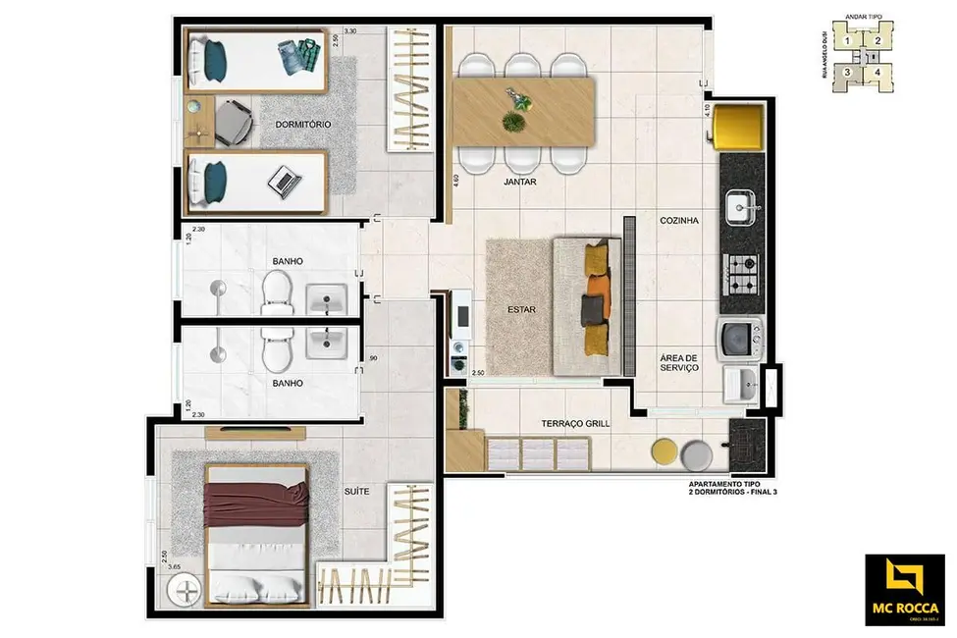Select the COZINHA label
click(x=678, y=222)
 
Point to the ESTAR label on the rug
click(x=520, y=309)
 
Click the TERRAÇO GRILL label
click(x=575, y=424)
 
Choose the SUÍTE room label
click(x=356, y=492)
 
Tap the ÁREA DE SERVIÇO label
click(x=678, y=362)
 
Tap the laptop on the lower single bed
click(x=284, y=179)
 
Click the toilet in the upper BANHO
click(x=277, y=292)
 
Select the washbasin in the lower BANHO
click(x=322, y=343)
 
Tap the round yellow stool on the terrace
click(x=665, y=452)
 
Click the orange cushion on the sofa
click(x=596, y=287)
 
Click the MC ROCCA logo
click(x=903, y=588)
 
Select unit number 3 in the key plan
click(x=846, y=72)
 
